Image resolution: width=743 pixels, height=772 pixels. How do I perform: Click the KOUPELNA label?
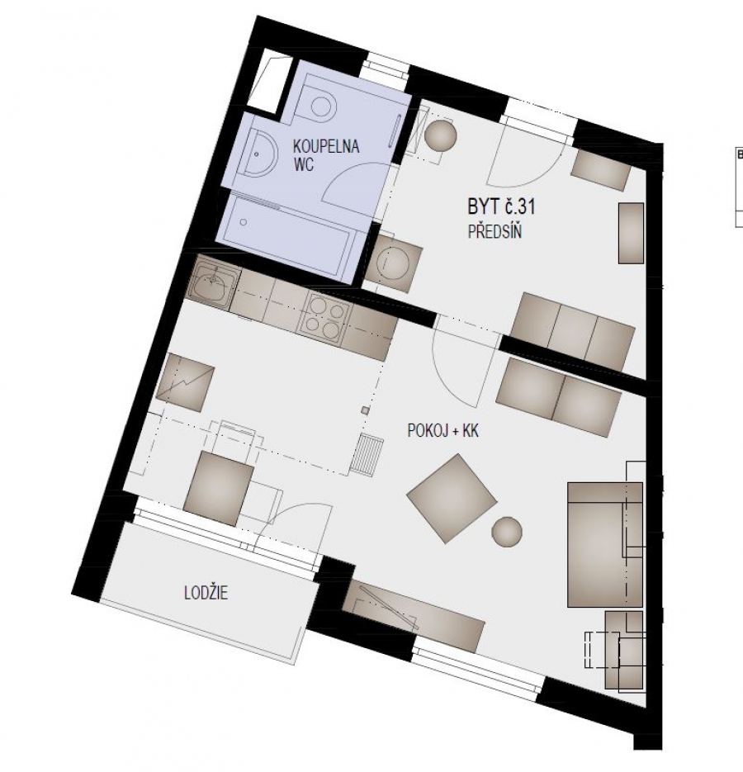(327, 147)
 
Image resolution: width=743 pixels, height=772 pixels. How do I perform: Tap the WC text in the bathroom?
(305, 163)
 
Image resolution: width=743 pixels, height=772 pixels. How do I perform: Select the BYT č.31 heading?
(495, 207)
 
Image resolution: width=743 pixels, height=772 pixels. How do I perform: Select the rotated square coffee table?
(452, 499)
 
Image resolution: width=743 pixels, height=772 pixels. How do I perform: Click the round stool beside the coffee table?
(507, 531)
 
